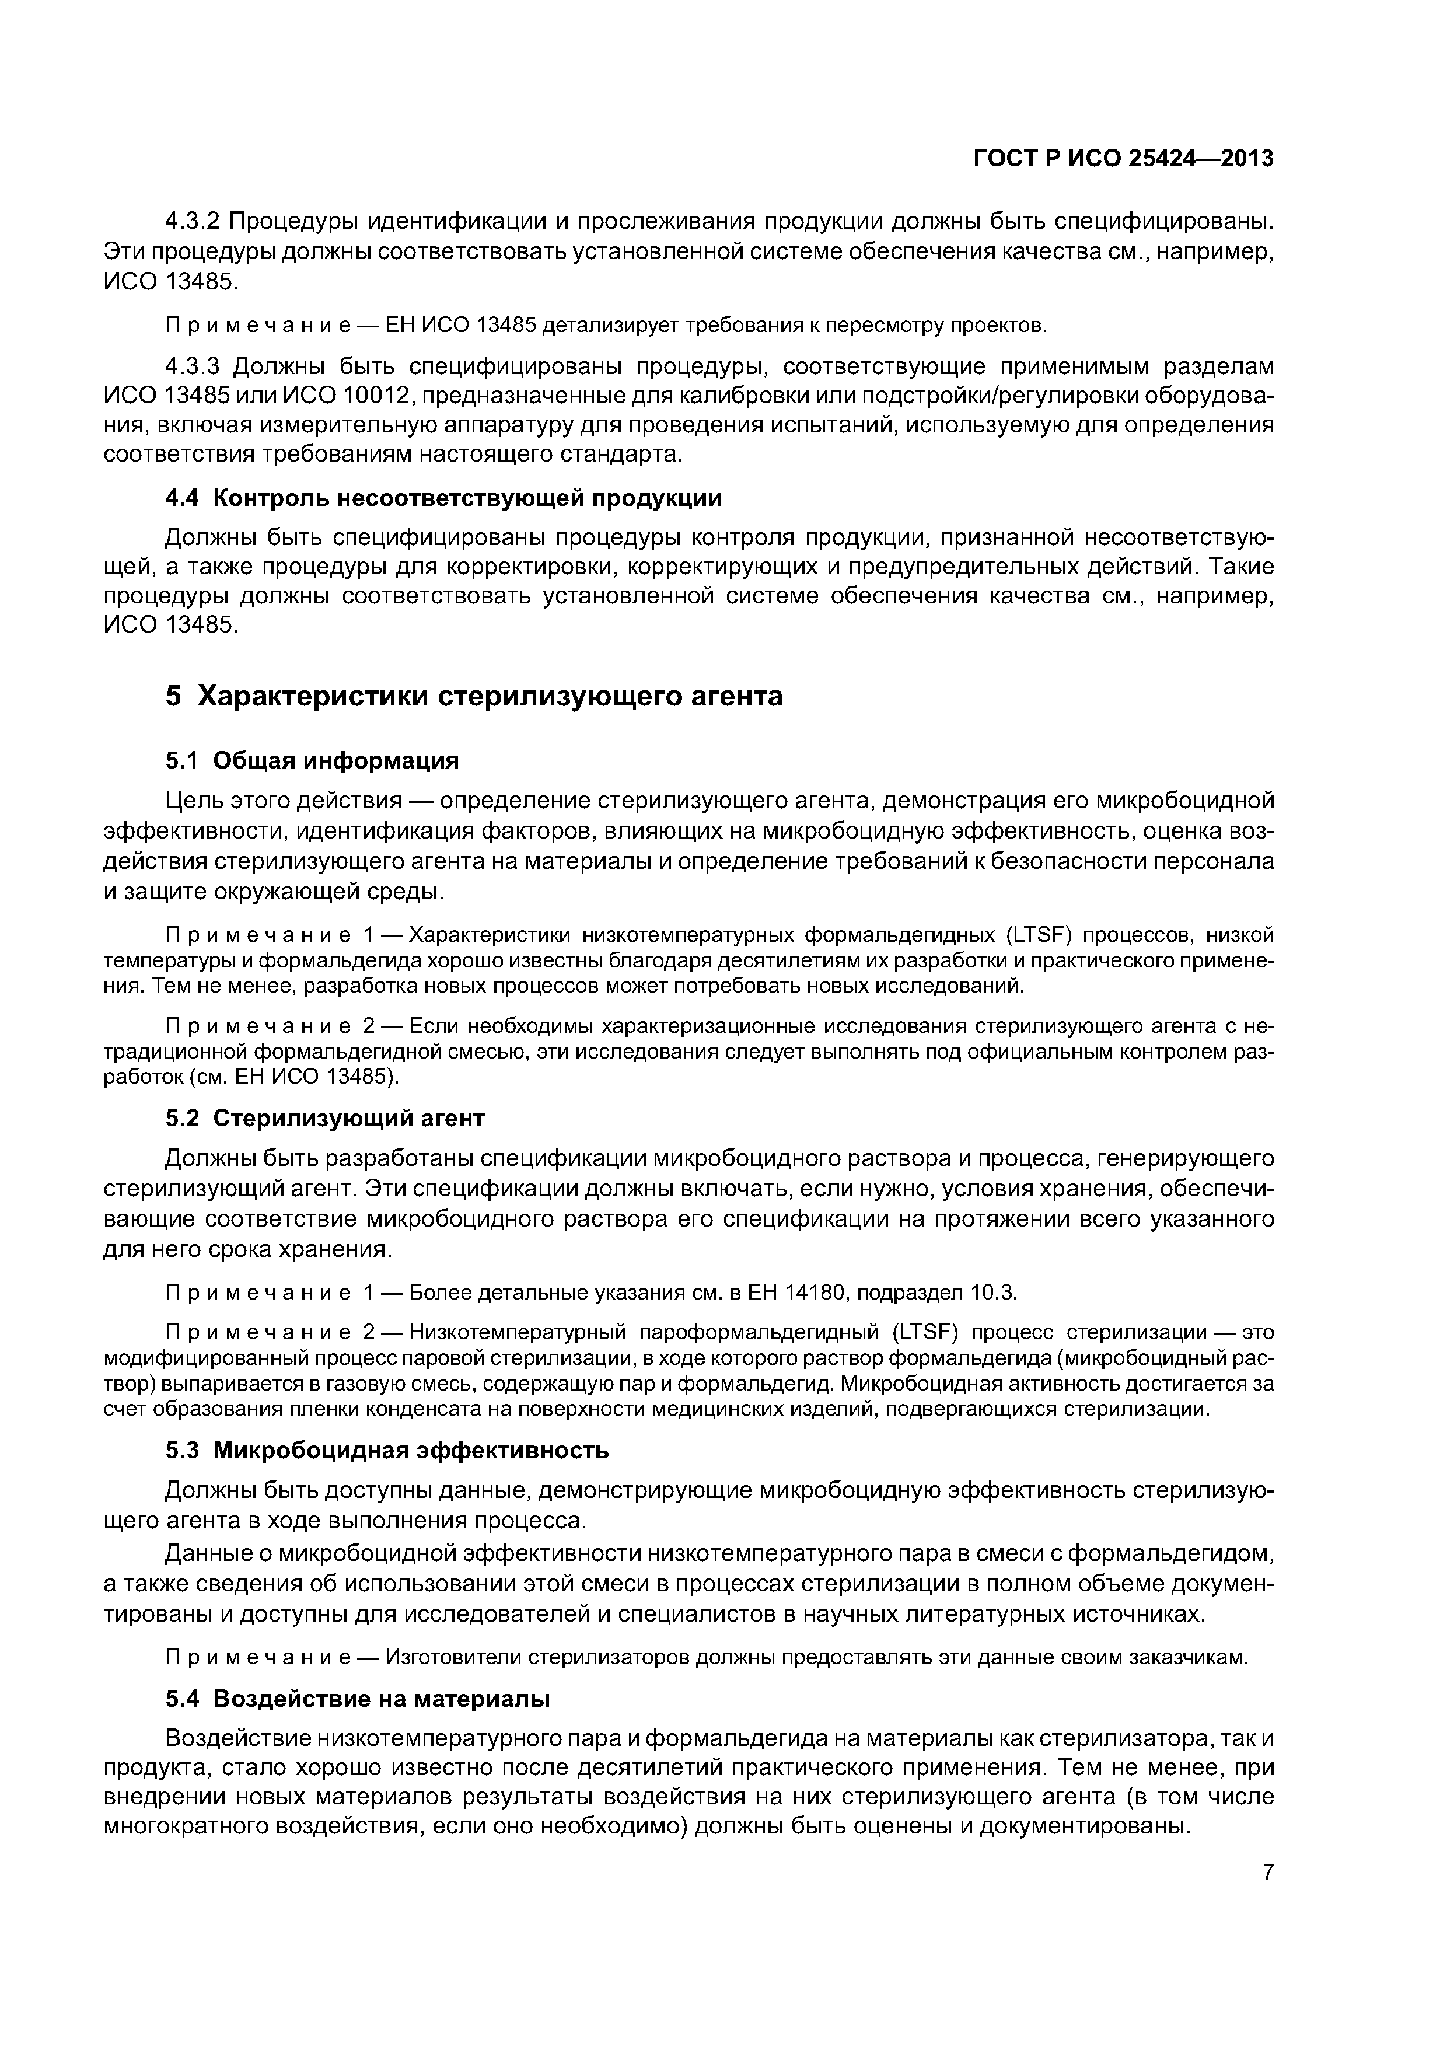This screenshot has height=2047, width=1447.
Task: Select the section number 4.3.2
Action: tap(198, 220)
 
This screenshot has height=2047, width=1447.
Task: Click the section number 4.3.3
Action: tap(198, 366)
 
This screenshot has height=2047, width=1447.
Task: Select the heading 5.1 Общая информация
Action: tap(312, 760)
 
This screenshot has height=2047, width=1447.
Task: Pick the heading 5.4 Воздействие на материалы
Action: tap(358, 1699)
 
